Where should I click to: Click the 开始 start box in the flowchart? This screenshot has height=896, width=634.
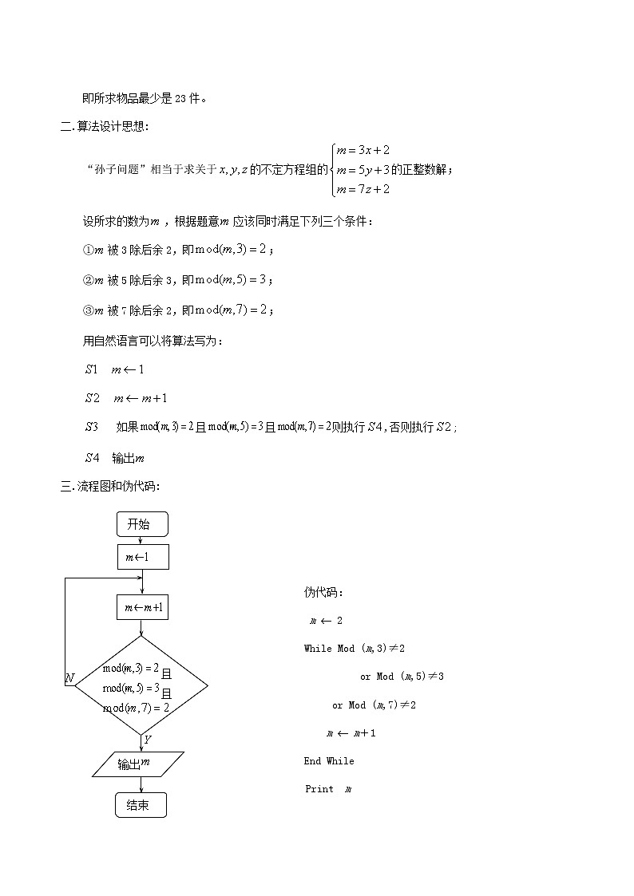(142, 524)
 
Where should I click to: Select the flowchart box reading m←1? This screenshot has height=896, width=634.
(143, 557)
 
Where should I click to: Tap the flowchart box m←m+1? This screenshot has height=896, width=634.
(143, 608)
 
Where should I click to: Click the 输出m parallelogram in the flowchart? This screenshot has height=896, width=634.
(137, 764)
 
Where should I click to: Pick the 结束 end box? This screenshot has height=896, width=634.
(141, 805)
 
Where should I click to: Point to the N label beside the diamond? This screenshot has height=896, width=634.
(69, 678)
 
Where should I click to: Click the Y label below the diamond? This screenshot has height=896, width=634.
(148, 740)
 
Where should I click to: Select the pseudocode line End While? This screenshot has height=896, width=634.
(328, 761)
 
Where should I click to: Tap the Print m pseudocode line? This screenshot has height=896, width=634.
(328, 789)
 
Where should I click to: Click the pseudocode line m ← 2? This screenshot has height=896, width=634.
(326, 620)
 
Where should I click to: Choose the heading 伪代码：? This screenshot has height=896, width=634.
(323, 592)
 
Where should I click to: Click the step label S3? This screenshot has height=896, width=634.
(92, 427)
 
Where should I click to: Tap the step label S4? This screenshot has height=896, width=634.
(92, 458)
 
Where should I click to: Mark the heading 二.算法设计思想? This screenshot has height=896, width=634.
(105, 126)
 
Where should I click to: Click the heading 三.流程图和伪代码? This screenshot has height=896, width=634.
(110, 486)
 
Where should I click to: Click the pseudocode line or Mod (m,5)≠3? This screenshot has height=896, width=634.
(402, 677)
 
